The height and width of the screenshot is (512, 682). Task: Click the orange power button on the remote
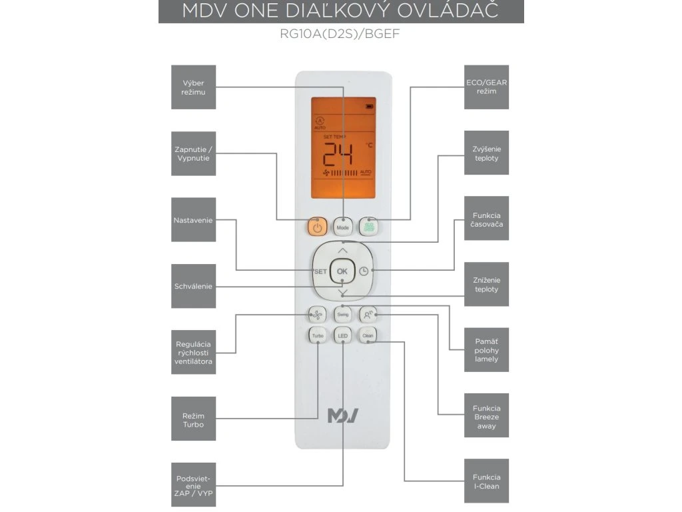pos(317,227)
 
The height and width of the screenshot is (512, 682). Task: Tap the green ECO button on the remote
pos(368,227)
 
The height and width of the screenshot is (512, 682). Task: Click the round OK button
pos(342,271)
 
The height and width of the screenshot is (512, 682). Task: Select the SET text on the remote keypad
pos(320,272)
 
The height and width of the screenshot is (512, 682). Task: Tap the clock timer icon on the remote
pos(364,271)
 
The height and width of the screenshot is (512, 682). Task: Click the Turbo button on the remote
pos(318,336)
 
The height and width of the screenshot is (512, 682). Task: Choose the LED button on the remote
pos(342,336)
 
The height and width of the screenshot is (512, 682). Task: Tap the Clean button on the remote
pos(368,336)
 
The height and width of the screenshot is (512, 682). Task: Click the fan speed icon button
pos(318,314)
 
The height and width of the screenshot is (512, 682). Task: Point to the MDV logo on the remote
pos(343,416)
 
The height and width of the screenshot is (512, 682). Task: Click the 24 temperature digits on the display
pos(338,157)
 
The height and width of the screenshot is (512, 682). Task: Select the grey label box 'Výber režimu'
pos(193,87)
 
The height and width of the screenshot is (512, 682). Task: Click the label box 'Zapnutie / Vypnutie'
pos(193,153)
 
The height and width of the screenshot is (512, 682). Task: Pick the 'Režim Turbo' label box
pos(193,419)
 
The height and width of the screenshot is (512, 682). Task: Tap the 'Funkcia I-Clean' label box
pos(486,481)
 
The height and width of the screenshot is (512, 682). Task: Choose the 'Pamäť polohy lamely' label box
pos(486,349)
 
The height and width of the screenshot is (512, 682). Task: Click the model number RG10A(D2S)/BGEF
pos(341,34)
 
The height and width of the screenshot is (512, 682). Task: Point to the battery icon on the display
pos(370,105)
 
